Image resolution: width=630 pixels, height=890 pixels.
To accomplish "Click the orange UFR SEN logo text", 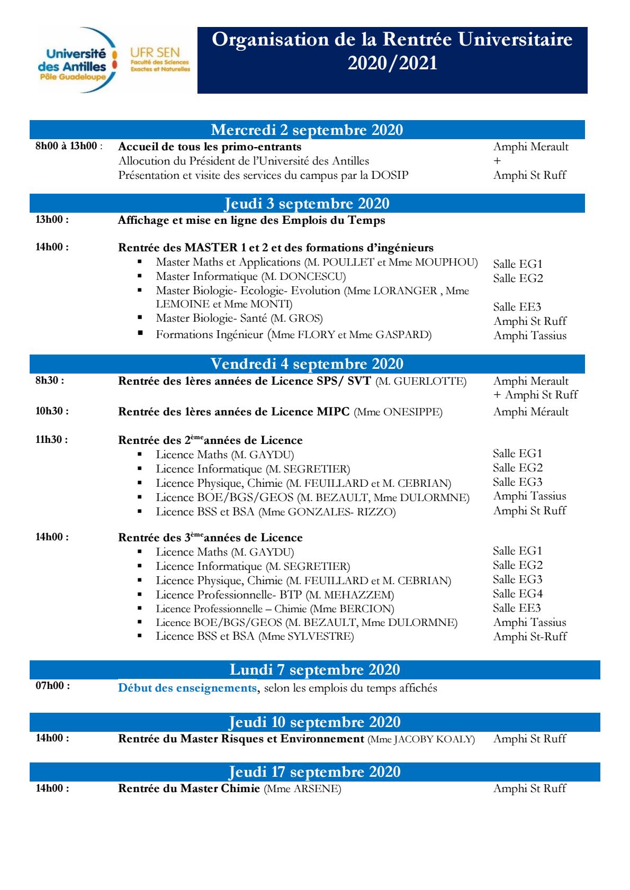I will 155,53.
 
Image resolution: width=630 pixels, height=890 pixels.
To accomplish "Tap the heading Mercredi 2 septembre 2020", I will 307,130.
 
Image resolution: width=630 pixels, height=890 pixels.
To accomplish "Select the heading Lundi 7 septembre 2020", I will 314,669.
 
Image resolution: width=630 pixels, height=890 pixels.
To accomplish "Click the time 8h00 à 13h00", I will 67,146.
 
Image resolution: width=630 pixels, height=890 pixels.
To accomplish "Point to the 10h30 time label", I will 52,411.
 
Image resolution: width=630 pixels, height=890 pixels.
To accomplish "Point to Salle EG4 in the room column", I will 517,594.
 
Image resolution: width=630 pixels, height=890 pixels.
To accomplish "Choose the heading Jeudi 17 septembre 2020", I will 314,772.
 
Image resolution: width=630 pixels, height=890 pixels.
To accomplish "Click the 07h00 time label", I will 52,686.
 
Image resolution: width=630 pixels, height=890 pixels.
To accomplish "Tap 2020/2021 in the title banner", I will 392,63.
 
